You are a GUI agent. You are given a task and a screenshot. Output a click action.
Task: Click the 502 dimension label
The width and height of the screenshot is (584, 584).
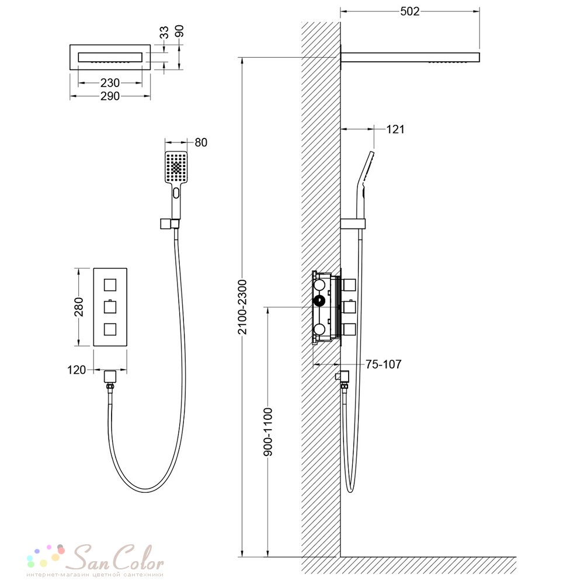click(x=410, y=12)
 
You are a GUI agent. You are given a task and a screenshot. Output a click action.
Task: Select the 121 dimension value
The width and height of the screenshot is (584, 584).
click(x=395, y=129)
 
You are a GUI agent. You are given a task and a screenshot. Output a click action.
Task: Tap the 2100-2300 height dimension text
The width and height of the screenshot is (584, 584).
click(x=242, y=307)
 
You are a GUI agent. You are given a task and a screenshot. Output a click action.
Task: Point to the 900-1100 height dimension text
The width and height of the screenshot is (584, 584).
click(x=268, y=432)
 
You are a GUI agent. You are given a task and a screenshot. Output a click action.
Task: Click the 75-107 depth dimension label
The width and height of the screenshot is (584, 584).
click(x=383, y=364)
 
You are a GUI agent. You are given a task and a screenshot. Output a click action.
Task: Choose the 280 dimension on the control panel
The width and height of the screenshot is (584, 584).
click(x=79, y=307)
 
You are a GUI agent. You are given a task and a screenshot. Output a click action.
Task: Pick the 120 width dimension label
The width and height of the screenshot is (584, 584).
click(x=77, y=370)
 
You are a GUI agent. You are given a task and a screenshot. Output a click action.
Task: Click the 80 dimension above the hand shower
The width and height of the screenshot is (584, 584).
click(x=201, y=142)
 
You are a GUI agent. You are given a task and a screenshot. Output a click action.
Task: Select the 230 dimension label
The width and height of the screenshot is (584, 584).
click(x=110, y=83)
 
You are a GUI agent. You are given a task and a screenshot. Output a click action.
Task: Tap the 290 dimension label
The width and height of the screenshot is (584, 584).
click(x=110, y=96)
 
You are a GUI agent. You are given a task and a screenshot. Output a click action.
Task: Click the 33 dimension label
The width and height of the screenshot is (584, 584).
click(x=164, y=32)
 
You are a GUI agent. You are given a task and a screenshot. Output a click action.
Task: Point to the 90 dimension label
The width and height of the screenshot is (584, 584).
click(x=179, y=32)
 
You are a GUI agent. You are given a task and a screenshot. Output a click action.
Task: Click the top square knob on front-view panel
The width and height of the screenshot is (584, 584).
click(x=110, y=285)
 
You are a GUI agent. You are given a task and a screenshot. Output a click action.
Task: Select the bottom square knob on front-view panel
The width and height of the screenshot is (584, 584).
click(x=110, y=329)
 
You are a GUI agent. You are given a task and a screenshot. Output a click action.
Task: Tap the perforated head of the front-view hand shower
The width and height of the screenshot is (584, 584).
click(x=176, y=167)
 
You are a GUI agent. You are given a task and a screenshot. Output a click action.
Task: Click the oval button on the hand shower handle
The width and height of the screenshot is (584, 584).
click(x=176, y=193)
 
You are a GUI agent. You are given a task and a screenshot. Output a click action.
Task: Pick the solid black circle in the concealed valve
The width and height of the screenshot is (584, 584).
click(x=319, y=301)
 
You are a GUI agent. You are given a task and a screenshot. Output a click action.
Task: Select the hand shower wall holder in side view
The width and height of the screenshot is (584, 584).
click(x=353, y=224)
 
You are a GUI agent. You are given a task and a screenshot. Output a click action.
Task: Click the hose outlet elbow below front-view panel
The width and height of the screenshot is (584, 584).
click(x=110, y=377)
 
